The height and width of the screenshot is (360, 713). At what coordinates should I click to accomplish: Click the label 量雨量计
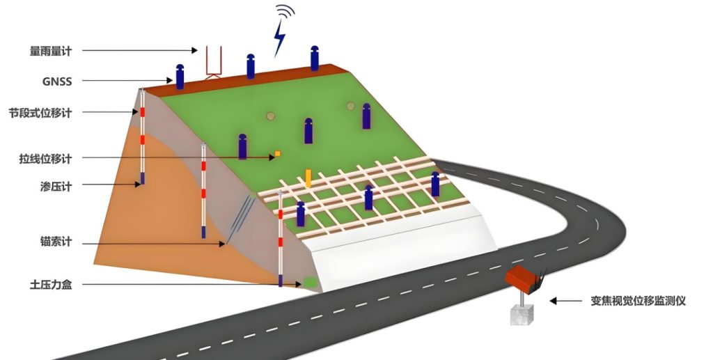tap(51, 51)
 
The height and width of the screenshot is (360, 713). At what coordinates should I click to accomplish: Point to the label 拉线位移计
tap(45, 159)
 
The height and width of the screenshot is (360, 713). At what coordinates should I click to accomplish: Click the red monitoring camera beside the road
tap(524, 278)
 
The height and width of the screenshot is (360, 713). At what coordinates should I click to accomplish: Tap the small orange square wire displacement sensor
tap(277, 153)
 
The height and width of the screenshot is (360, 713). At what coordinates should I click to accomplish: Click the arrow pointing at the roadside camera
tap(565, 301)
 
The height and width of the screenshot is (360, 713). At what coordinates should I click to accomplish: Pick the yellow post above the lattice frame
tap(308, 177)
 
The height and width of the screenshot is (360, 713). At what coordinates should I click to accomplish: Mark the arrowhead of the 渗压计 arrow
tap(139, 185)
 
